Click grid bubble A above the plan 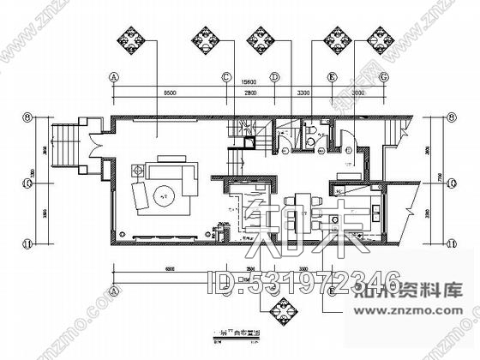click(x=113, y=76)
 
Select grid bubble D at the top click(x=275, y=76)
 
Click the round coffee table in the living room click(x=164, y=195)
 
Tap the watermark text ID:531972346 click(x=305, y=279)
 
